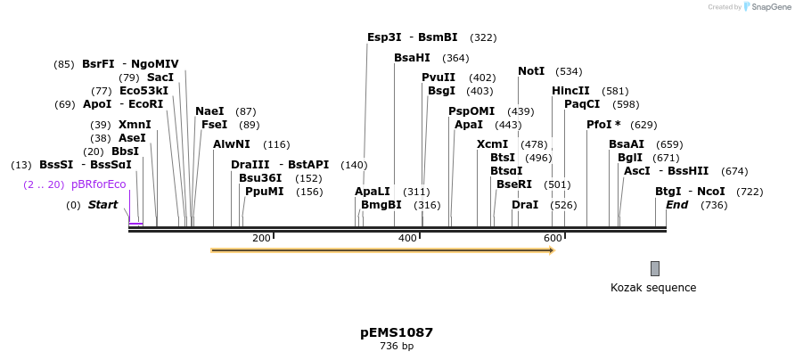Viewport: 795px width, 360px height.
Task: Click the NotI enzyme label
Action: coord(531,71)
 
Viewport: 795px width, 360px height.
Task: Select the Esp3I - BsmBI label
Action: coord(412,37)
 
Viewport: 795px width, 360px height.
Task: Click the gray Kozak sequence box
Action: coord(655,268)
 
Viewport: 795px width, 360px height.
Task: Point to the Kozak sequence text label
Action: coord(653,288)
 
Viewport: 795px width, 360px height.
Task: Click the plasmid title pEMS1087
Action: coord(397,332)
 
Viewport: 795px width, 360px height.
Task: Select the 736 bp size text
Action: coord(397,347)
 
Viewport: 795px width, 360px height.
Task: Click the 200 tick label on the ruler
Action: coord(261,238)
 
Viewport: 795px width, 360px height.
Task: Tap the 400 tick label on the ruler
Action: coord(407,238)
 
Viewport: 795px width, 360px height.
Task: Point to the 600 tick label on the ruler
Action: coord(553,238)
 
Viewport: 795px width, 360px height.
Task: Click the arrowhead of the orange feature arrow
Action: coord(552,250)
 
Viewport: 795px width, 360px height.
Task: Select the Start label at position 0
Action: coord(102,205)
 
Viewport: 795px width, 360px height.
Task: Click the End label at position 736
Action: coord(676,205)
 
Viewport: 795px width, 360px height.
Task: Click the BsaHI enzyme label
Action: coord(412,58)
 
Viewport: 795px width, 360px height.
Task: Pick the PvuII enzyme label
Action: coord(438,78)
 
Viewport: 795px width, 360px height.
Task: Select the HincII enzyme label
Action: coord(570,91)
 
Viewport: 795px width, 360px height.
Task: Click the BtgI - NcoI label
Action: coord(690,192)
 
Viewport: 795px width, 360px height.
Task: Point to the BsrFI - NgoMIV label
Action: coord(130,64)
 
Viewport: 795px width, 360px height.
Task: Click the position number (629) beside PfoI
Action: coord(643,125)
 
